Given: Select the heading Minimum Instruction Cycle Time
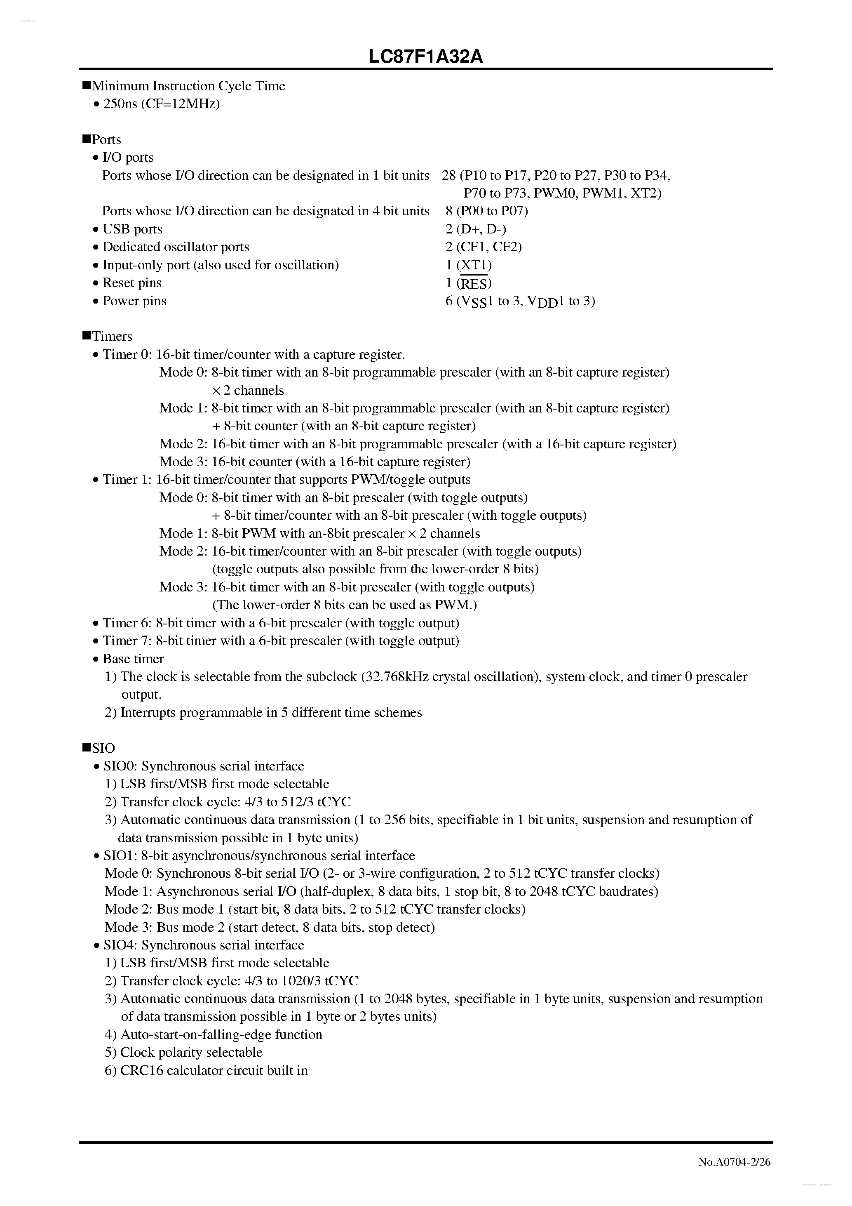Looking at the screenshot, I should (x=188, y=86).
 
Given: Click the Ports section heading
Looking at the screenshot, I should (x=106, y=140).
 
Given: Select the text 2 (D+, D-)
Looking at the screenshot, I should (x=476, y=229).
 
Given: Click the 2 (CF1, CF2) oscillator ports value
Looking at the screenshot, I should (x=484, y=247).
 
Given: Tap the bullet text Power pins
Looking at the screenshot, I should (x=134, y=301).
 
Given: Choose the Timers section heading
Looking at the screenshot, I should (x=112, y=337).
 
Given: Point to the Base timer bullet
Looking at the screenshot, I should (x=133, y=659).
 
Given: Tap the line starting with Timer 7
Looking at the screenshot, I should (x=281, y=641).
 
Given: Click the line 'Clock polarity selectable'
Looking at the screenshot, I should (x=191, y=1053).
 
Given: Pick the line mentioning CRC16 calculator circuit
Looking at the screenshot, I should (x=214, y=1070).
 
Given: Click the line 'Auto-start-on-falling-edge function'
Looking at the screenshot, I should (x=221, y=1035).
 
